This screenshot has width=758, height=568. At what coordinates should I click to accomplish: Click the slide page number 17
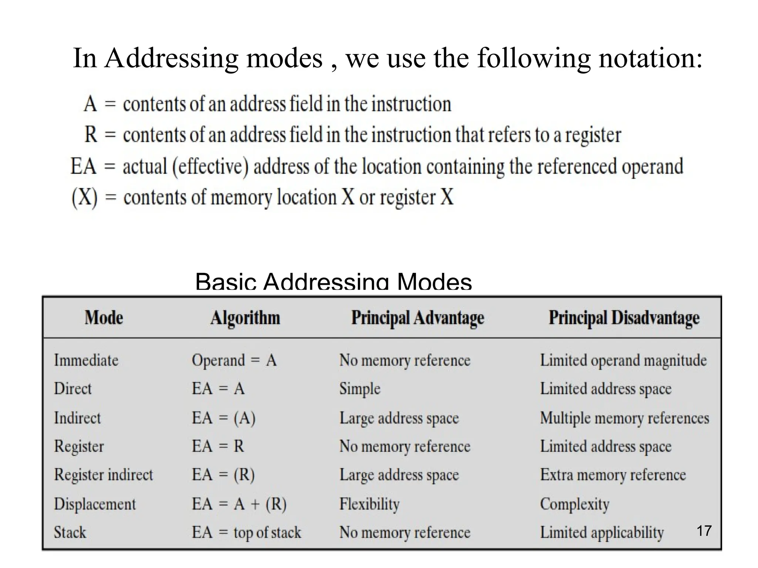(x=704, y=531)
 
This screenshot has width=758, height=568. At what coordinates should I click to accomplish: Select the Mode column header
(x=104, y=318)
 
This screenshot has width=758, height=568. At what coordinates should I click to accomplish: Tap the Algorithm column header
(x=245, y=318)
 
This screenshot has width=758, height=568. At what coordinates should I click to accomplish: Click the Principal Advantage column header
(x=417, y=318)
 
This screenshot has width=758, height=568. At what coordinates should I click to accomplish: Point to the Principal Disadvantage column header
(x=624, y=318)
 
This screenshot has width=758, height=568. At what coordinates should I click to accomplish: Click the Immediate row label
(x=86, y=360)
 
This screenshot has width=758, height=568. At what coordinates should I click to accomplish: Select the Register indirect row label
(x=103, y=475)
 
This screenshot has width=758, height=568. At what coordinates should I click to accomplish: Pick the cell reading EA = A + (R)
(x=239, y=504)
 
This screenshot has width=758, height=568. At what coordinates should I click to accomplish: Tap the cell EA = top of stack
(x=246, y=532)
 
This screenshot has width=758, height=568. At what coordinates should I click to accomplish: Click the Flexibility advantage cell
(x=369, y=504)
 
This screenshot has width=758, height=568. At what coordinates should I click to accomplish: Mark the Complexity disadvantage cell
(x=574, y=504)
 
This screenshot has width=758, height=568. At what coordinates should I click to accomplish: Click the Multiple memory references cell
(x=624, y=418)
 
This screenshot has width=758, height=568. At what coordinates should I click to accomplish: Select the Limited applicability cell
(x=602, y=533)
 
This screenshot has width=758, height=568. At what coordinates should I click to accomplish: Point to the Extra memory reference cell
(x=613, y=475)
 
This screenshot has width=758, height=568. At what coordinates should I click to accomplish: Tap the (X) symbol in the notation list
(x=84, y=198)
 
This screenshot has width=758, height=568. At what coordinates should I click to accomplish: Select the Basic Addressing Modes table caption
(x=333, y=282)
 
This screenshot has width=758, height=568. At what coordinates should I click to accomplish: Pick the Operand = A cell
(x=234, y=360)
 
